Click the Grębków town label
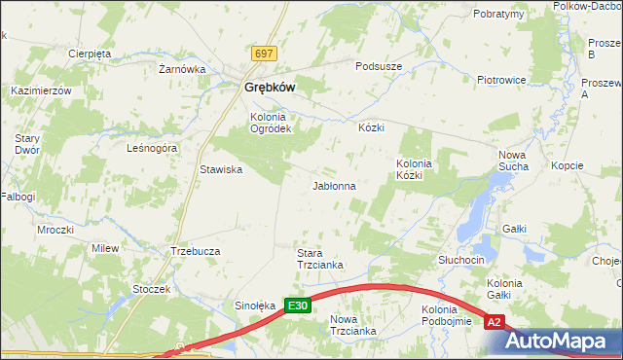click(263, 87)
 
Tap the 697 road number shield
click(263, 53)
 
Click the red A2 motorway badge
click(495, 322)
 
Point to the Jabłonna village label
click(334, 185)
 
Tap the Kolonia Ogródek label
click(271, 124)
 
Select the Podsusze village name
click(379, 65)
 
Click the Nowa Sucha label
click(513, 161)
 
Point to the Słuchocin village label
click(461, 261)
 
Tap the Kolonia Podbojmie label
click(447, 315)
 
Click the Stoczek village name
click(152, 289)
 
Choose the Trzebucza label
click(196, 250)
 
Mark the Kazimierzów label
click(41, 90)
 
